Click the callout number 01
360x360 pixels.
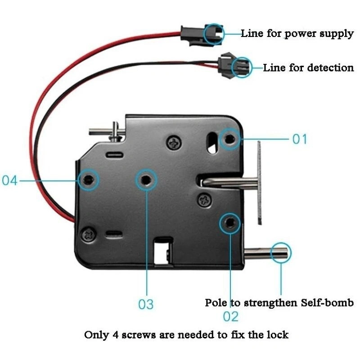click(300, 139)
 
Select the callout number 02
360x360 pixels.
click(230, 316)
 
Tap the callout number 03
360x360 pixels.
click(146, 304)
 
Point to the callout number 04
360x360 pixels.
click(10, 181)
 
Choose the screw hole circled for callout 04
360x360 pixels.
click(87, 180)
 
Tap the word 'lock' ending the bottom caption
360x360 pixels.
click(278, 335)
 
